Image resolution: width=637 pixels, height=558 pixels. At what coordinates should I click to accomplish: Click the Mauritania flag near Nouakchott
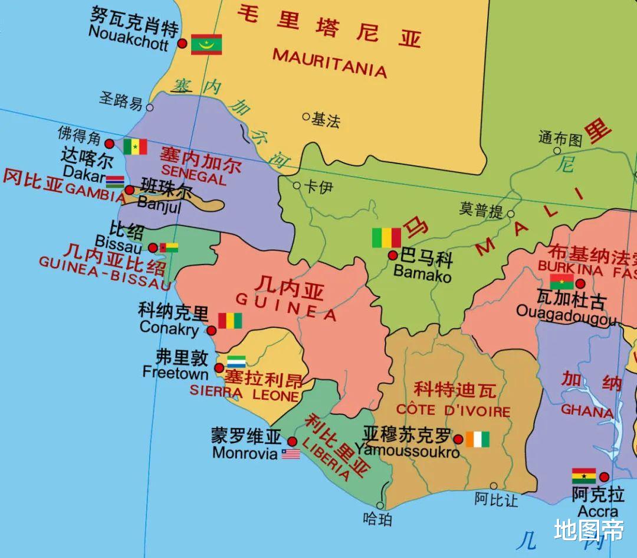[206, 44]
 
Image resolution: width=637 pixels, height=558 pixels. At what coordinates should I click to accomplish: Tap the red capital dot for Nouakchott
[183, 44]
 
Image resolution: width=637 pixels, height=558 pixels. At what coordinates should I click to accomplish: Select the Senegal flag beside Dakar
[135, 146]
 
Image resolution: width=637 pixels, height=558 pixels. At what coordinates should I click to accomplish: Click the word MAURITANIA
[329, 63]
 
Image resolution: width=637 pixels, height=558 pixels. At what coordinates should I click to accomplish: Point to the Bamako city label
[422, 274]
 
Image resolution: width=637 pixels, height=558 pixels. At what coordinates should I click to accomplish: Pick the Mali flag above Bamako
[386, 237]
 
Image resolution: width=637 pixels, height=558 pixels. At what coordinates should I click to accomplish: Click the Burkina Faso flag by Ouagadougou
[562, 282]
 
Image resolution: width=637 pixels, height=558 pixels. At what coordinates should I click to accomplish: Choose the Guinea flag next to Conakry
[230, 320]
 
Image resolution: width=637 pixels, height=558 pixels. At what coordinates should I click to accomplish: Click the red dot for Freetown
[219, 368]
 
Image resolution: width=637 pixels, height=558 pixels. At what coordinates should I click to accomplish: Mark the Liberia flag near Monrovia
[291, 453]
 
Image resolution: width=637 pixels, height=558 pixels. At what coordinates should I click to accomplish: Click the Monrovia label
[245, 453]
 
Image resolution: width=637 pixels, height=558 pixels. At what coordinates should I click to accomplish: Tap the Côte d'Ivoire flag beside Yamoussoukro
[477, 439]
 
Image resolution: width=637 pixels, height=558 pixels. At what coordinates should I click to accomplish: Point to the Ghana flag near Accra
[584, 476]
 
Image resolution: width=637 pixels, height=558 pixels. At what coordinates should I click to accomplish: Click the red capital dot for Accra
[604, 477]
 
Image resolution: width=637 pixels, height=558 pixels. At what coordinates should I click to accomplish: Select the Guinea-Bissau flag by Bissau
[169, 247]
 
